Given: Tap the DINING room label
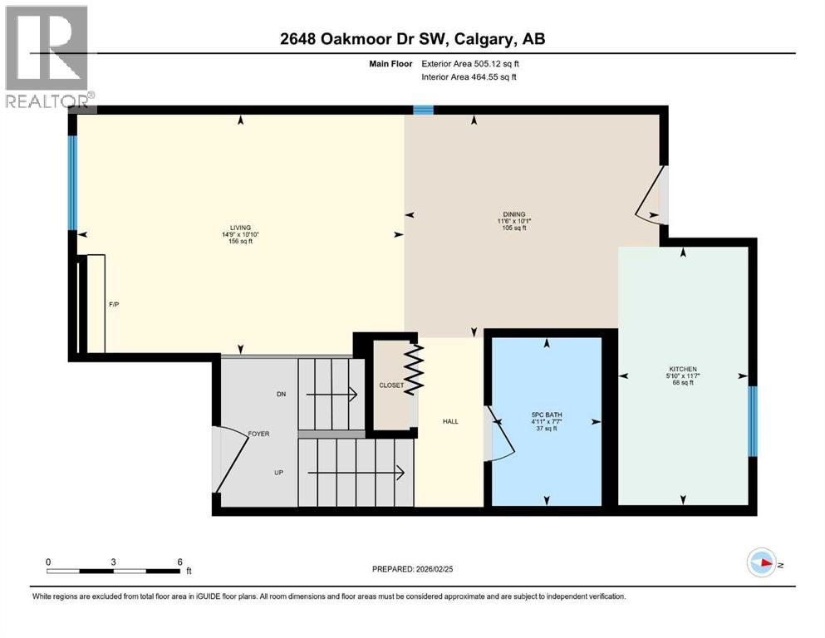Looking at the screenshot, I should point(514,214).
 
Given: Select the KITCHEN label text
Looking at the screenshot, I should point(683,369).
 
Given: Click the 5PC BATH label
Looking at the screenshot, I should point(547,415).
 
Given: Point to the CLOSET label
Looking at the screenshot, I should point(390,385).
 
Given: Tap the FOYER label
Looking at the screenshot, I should point(258,434).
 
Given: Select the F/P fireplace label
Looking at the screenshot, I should point(114,305).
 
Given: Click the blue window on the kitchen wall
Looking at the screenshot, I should point(753,422).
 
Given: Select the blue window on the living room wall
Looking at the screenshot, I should point(72,182).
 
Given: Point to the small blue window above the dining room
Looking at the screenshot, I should point(424,110).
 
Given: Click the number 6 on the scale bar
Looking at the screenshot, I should point(179,561).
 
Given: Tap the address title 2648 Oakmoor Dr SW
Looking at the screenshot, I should point(412,39).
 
